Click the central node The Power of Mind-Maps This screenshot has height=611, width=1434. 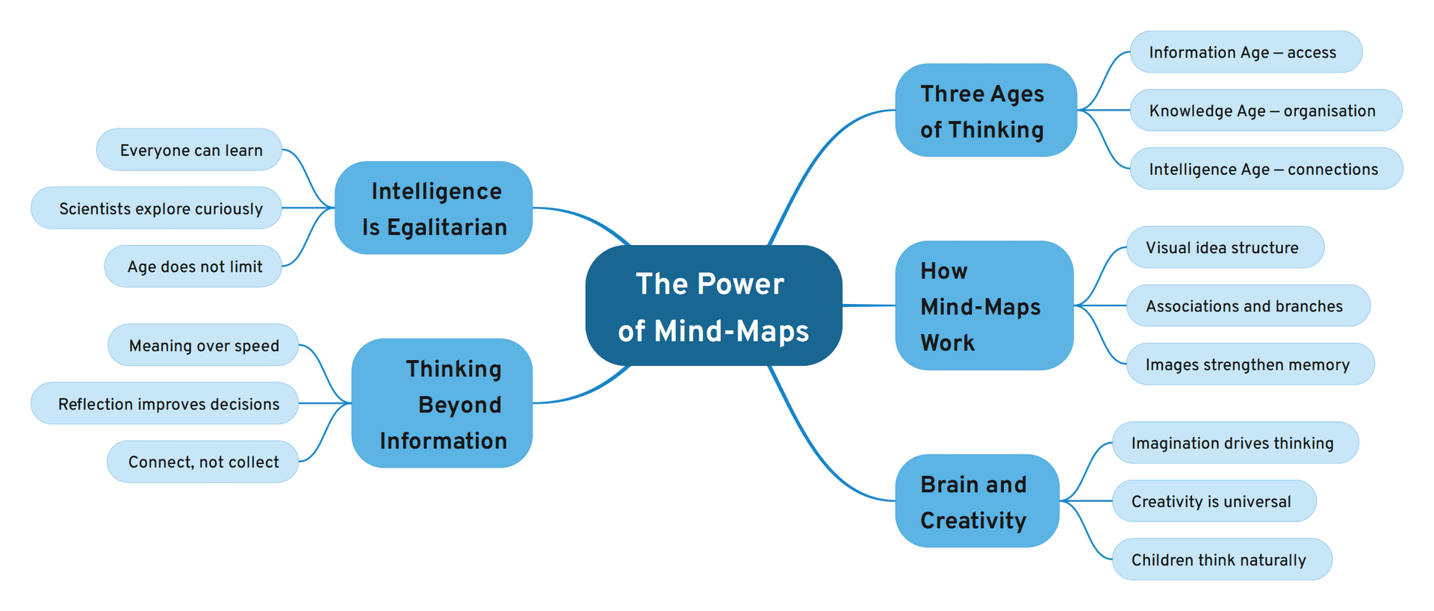tap(713, 305)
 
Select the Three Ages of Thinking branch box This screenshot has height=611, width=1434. tap(985, 111)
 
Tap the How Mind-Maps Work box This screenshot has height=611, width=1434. tap(984, 305)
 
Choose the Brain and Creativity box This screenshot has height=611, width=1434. tap(976, 501)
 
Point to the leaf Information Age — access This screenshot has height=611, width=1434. tap(1245, 52)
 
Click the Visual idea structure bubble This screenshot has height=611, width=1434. tap(1224, 247)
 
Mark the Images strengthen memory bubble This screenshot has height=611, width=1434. tap(1250, 365)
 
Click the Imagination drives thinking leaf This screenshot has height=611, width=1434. tap(1235, 443)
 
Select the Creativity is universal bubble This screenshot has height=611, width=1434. tap(1213, 501)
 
